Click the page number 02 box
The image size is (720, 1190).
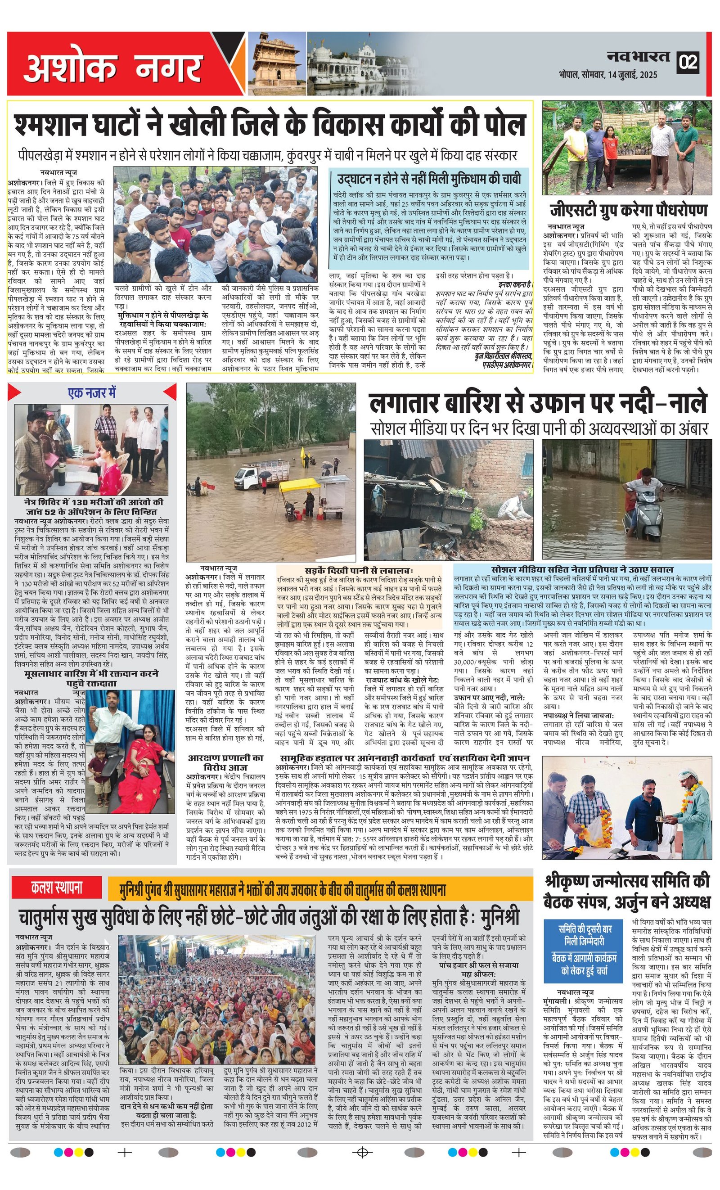(688, 62)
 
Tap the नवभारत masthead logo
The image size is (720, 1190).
(638, 58)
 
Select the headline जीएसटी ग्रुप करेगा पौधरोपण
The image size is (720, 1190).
(628, 211)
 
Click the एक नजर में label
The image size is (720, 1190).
(92, 393)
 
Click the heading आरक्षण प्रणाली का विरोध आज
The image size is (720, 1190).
(225, 762)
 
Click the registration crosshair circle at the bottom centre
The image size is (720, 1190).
(362, 1166)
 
